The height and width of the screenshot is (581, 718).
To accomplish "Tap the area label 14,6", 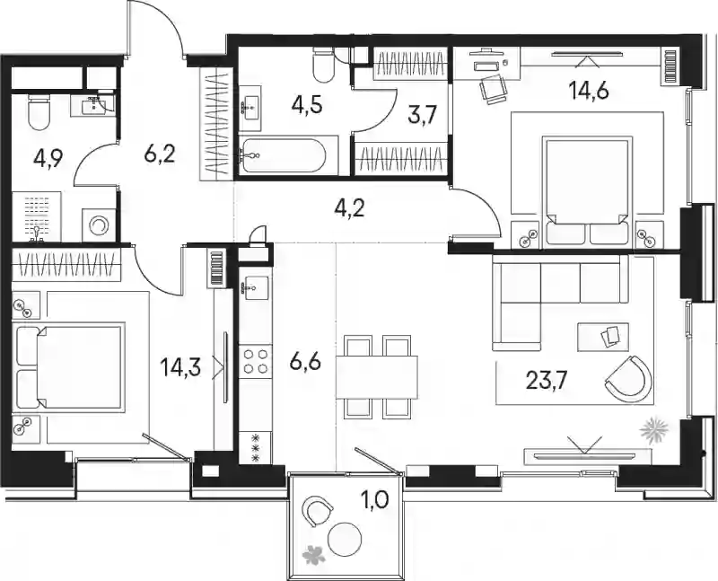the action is coord(589,92).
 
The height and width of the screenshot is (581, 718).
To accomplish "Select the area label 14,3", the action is coord(180,367).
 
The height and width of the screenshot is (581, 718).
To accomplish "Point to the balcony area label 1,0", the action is coord(375,501).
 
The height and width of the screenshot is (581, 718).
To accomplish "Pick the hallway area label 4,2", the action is coord(349,208).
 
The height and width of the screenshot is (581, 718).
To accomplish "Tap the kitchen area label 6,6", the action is coord(305,362).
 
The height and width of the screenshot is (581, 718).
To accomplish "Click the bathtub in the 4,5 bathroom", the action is coord(284,155).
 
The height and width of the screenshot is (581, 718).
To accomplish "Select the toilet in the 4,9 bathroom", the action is coord(39,112).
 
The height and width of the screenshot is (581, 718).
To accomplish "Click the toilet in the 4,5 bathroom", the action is coord(324,65).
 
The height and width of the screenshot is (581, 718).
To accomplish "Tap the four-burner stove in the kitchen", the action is coord(256,362).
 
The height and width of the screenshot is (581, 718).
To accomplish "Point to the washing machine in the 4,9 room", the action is coord(98,225).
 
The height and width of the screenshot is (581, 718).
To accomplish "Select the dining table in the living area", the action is coord(376,377).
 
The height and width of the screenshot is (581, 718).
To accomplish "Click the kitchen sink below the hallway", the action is coord(255,288).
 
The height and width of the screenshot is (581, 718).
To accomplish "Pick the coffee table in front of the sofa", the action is coord(603,337).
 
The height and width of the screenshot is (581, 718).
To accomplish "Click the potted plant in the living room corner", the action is coord(654,429).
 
